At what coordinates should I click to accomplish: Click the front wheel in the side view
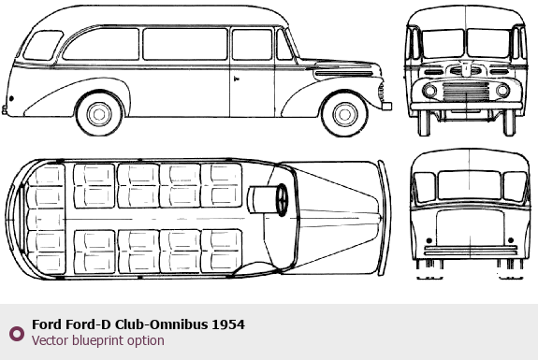(x=344, y=114)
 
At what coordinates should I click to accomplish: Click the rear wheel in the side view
(x=99, y=113)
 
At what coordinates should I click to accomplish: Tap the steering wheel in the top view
(x=282, y=200)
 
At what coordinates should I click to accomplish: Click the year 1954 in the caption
(x=228, y=324)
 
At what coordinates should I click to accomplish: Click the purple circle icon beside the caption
(x=17, y=334)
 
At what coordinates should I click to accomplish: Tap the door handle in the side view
(x=236, y=79)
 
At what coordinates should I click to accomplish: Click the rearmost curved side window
(x=43, y=46)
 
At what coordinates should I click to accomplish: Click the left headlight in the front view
(x=429, y=91)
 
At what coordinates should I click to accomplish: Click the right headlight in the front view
(x=502, y=91)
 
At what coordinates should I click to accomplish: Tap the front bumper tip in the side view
(x=386, y=106)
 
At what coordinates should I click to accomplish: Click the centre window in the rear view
(x=470, y=185)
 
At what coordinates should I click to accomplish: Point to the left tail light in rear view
(x=429, y=240)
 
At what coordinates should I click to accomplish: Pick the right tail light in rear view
(x=511, y=240)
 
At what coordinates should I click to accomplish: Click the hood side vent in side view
(x=343, y=74)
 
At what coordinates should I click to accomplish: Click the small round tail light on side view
(x=11, y=99)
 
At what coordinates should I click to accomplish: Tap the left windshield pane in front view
(x=443, y=44)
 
